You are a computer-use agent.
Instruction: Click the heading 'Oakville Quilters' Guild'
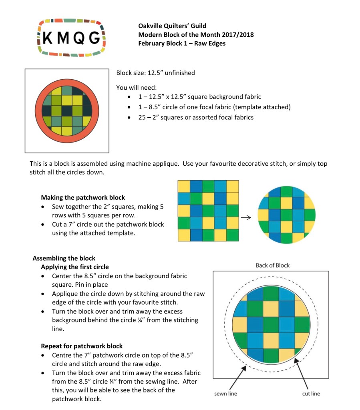[172, 26]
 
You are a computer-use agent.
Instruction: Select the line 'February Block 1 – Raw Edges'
[182, 43]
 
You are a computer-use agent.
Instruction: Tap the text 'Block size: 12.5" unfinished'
[155, 73]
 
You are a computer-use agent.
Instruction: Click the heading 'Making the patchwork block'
[83, 197]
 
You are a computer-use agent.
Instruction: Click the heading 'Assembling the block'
[64, 258]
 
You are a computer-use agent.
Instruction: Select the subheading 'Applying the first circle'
[74, 267]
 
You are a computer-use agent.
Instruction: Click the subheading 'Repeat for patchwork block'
[82, 346]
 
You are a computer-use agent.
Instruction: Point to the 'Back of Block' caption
[272, 265]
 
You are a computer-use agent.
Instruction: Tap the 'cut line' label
[311, 394]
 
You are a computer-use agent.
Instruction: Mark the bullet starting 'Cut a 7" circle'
[108, 228]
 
